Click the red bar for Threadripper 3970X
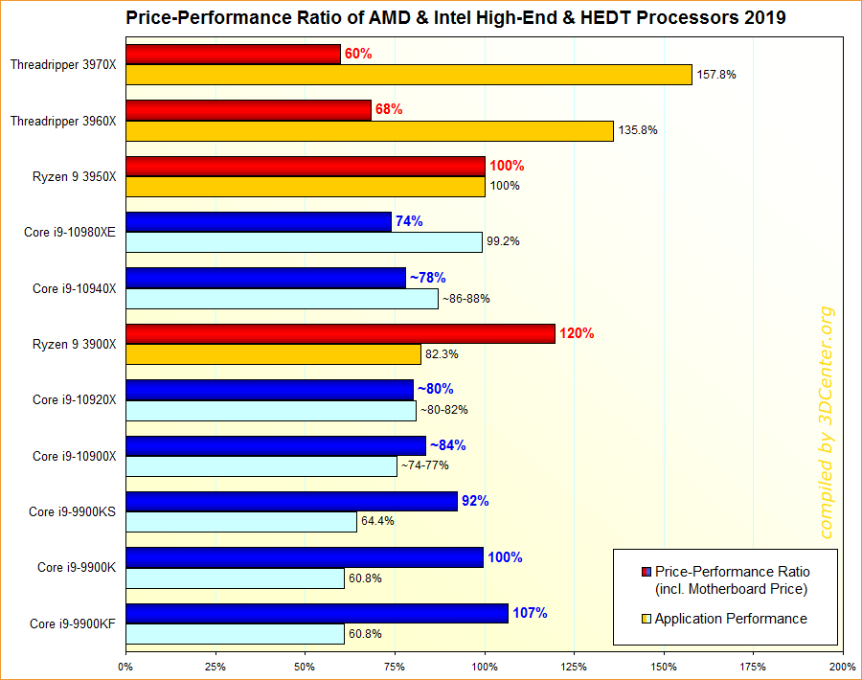click(x=233, y=55)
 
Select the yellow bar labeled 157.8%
click(x=408, y=75)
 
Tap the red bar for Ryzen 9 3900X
click(x=340, y=333)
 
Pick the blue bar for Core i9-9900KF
click(x=316, y=613)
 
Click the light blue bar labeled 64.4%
click(x=240, y=522)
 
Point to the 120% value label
click(x=577, y=333)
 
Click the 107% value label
click(x=530, y=613)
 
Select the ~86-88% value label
click(x=466, y=298)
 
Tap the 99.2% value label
click(x=503, y=242)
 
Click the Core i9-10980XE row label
click(x=70, y=232)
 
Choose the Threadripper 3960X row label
click(x=63, y=121)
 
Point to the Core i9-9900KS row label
click(x=73, y=511)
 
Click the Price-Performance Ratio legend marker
click(x=646, y=573)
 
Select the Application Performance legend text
click(x=731, y=619)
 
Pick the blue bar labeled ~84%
click(x=276, y=445)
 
